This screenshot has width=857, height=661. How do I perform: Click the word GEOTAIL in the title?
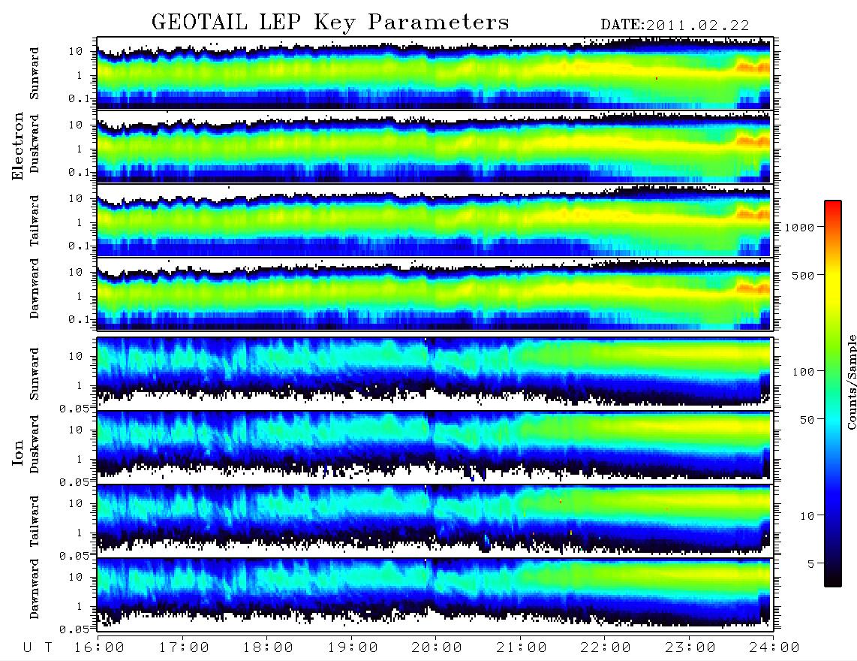tap(199, 22)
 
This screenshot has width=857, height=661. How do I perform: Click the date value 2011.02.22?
tap(697, 26)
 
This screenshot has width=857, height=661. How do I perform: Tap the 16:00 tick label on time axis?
tap(100, 647)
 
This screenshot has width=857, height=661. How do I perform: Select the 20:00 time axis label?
tap(437, 647)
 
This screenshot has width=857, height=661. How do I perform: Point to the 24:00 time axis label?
tap(774, 647)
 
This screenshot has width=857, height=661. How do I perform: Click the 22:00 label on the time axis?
tap(606, 647)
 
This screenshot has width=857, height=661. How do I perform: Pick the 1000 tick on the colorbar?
tap(800, 227)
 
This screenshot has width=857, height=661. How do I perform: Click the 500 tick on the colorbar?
tap(803, 275)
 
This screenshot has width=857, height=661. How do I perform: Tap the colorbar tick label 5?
tap(811, 563)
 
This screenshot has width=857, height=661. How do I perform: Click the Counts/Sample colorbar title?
tap(851, 382)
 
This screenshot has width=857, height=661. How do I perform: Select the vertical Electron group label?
tap(17, 146)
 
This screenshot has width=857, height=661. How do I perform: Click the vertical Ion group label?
tap(17, 452)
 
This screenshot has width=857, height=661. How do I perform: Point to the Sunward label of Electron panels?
tap(35, 74)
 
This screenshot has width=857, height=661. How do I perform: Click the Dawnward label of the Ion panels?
tap(35, 588)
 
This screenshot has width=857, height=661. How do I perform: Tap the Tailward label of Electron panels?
tap(35, 221)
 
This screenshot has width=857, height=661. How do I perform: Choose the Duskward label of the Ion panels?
tap(35, 444)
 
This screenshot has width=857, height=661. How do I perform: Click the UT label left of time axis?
tap(38, 647)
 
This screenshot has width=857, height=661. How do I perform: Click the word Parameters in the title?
tap(439, 22)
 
